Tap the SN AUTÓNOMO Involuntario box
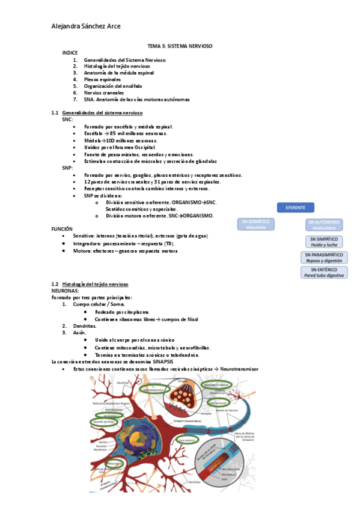coord(325,225)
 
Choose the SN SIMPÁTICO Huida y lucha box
coord(324,242)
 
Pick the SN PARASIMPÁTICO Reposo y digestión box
coord(324,258)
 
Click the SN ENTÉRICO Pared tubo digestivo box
coord(324,272)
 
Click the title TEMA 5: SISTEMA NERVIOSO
coord(180,46)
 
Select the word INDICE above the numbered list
coord(70,53)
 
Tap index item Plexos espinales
coord(102,79)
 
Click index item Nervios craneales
coord(104,93)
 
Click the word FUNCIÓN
coord(63,229)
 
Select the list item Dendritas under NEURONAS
coord(84,325)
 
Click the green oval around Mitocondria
coord(114,463)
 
